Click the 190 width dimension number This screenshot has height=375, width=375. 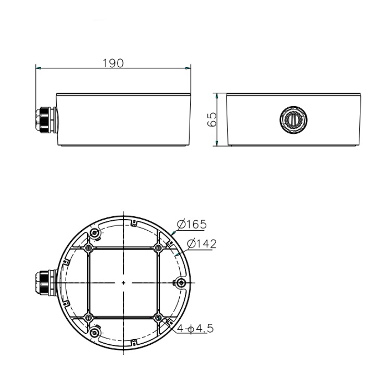pos(113,63)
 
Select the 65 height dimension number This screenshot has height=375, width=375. pos(211,120)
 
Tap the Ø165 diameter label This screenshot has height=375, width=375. pos(192,224)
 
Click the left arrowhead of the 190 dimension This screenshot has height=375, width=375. pos(38,68)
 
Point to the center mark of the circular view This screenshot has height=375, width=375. pos(123,282)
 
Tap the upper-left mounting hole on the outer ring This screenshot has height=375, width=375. pos(94,232)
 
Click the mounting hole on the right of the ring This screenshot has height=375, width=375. pos(180,282)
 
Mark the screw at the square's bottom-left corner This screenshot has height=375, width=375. pos(89,317)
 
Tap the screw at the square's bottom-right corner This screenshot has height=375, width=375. pos(158,317)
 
